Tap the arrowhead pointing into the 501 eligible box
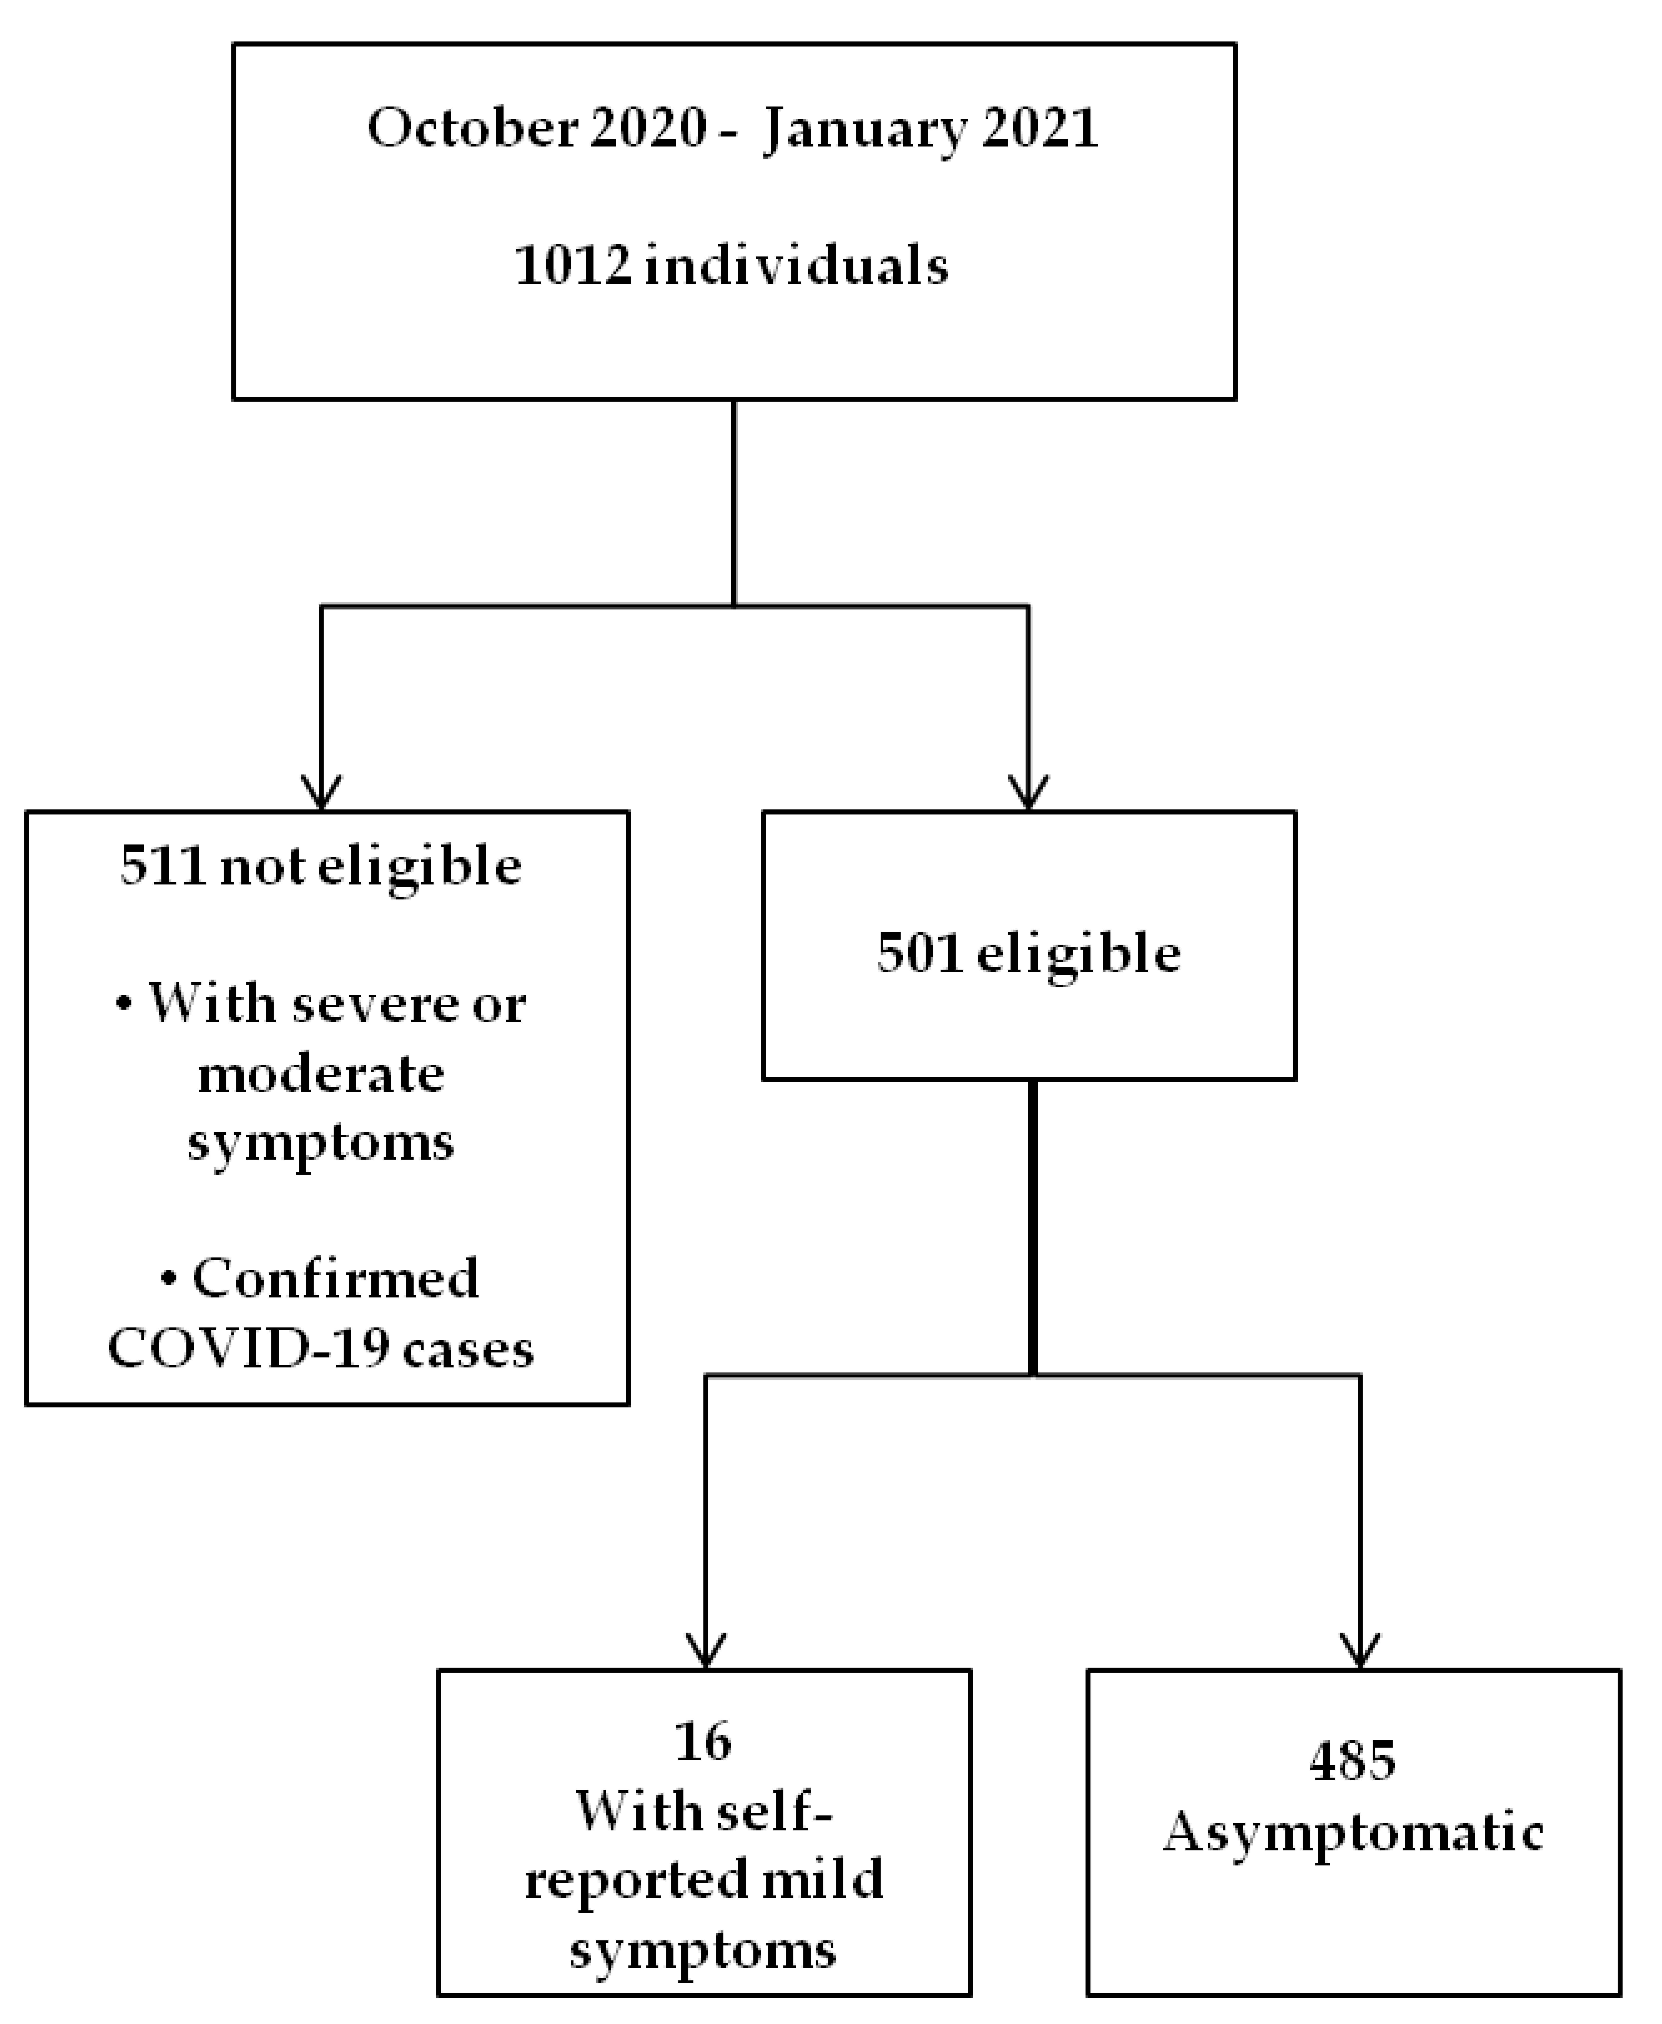[1028, 792]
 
